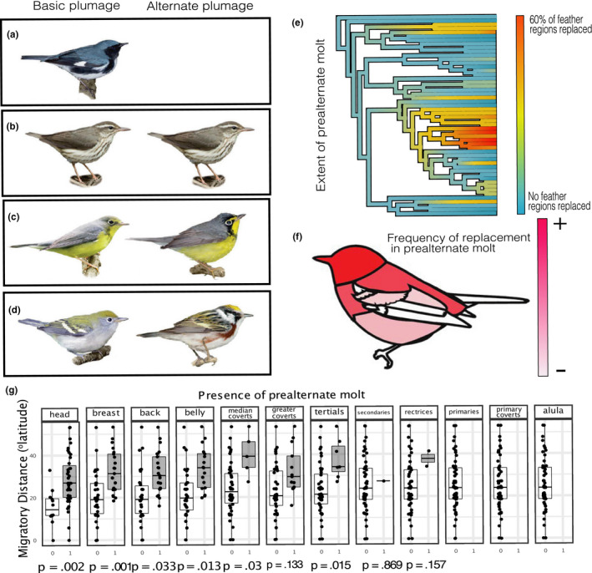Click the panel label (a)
point(24,38)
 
